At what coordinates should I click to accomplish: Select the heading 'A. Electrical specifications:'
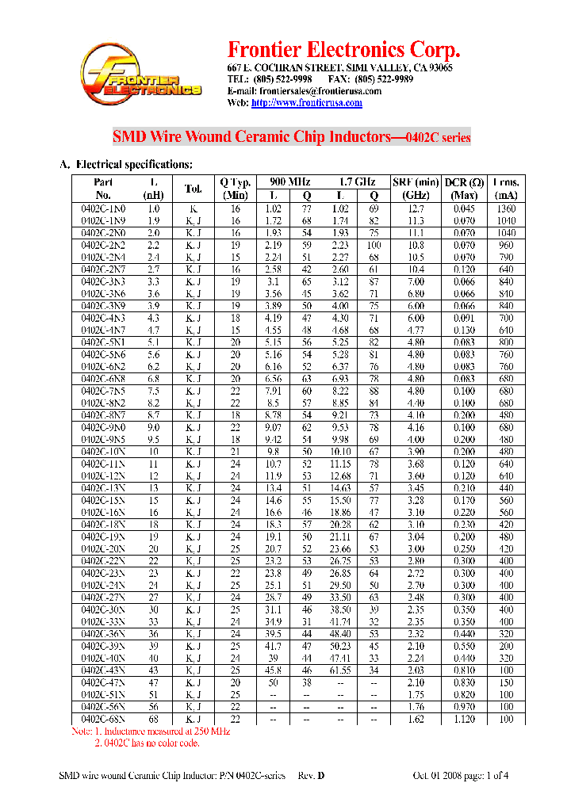click(x=126, y=165)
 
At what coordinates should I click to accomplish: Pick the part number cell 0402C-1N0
click(x=103, y=208)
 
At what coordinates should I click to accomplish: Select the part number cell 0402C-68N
click(x=103, y=719)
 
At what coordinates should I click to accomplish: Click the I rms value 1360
click(x=506, y=208)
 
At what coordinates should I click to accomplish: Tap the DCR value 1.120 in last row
click(x=463, y=719)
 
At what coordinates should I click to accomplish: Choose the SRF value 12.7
click(x=415, y=208)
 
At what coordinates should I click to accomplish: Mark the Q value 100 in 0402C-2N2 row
click(x=374, y=245)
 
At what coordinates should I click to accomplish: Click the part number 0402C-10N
click(x=103, y=452)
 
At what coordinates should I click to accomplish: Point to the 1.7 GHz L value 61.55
click(x=340, y=670)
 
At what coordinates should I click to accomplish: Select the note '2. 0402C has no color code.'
click(x=147, y=743)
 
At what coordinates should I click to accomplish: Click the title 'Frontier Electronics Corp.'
click(x=343, y=50)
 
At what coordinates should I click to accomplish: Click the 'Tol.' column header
click(x=194, y=189)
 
